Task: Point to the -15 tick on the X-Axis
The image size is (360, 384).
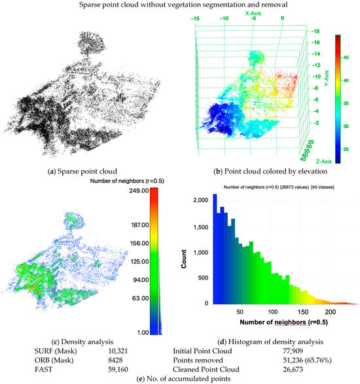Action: pos(194,19)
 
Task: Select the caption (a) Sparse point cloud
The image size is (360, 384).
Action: pos(77,171)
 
